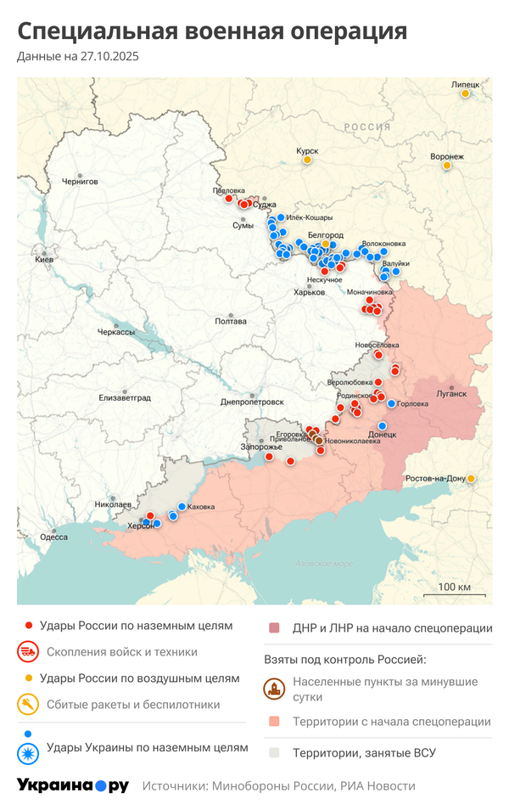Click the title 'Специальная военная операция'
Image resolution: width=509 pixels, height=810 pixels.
[x=212, y=31]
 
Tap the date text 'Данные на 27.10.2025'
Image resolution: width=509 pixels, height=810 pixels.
[x=77, y=57]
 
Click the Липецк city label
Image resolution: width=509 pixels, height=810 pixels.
[x=465, y=84]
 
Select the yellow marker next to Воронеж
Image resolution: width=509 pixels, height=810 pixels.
[x=447, y=166]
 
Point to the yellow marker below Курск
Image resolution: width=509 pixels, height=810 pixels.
[x=307, y=160]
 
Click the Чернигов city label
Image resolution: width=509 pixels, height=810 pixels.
[x=80, y=182]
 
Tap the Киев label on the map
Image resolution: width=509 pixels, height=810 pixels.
[x=44, y=259]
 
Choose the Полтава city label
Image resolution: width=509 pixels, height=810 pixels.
[x=231, y=321]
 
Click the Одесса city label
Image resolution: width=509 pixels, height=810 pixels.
[x=53, y=537]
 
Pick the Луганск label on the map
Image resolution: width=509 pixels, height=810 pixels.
[x=451, y=394]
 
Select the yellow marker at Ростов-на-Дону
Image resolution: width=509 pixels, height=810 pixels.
[x=471, y=479]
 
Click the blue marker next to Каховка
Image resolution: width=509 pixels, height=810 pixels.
[x=182, y=507]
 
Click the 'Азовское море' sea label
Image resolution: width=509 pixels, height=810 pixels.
[x=324, y=564]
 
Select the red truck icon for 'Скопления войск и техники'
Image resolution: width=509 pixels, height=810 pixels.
[x=28, y=652]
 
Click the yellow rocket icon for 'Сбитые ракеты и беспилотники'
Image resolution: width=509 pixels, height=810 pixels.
[x=28, y=705]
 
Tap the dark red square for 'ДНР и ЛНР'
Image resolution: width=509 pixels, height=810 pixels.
[x=274, y=628]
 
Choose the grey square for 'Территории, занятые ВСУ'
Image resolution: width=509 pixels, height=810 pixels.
[x=274, y=752]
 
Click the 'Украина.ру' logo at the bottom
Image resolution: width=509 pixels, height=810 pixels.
[x=73, y=785]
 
